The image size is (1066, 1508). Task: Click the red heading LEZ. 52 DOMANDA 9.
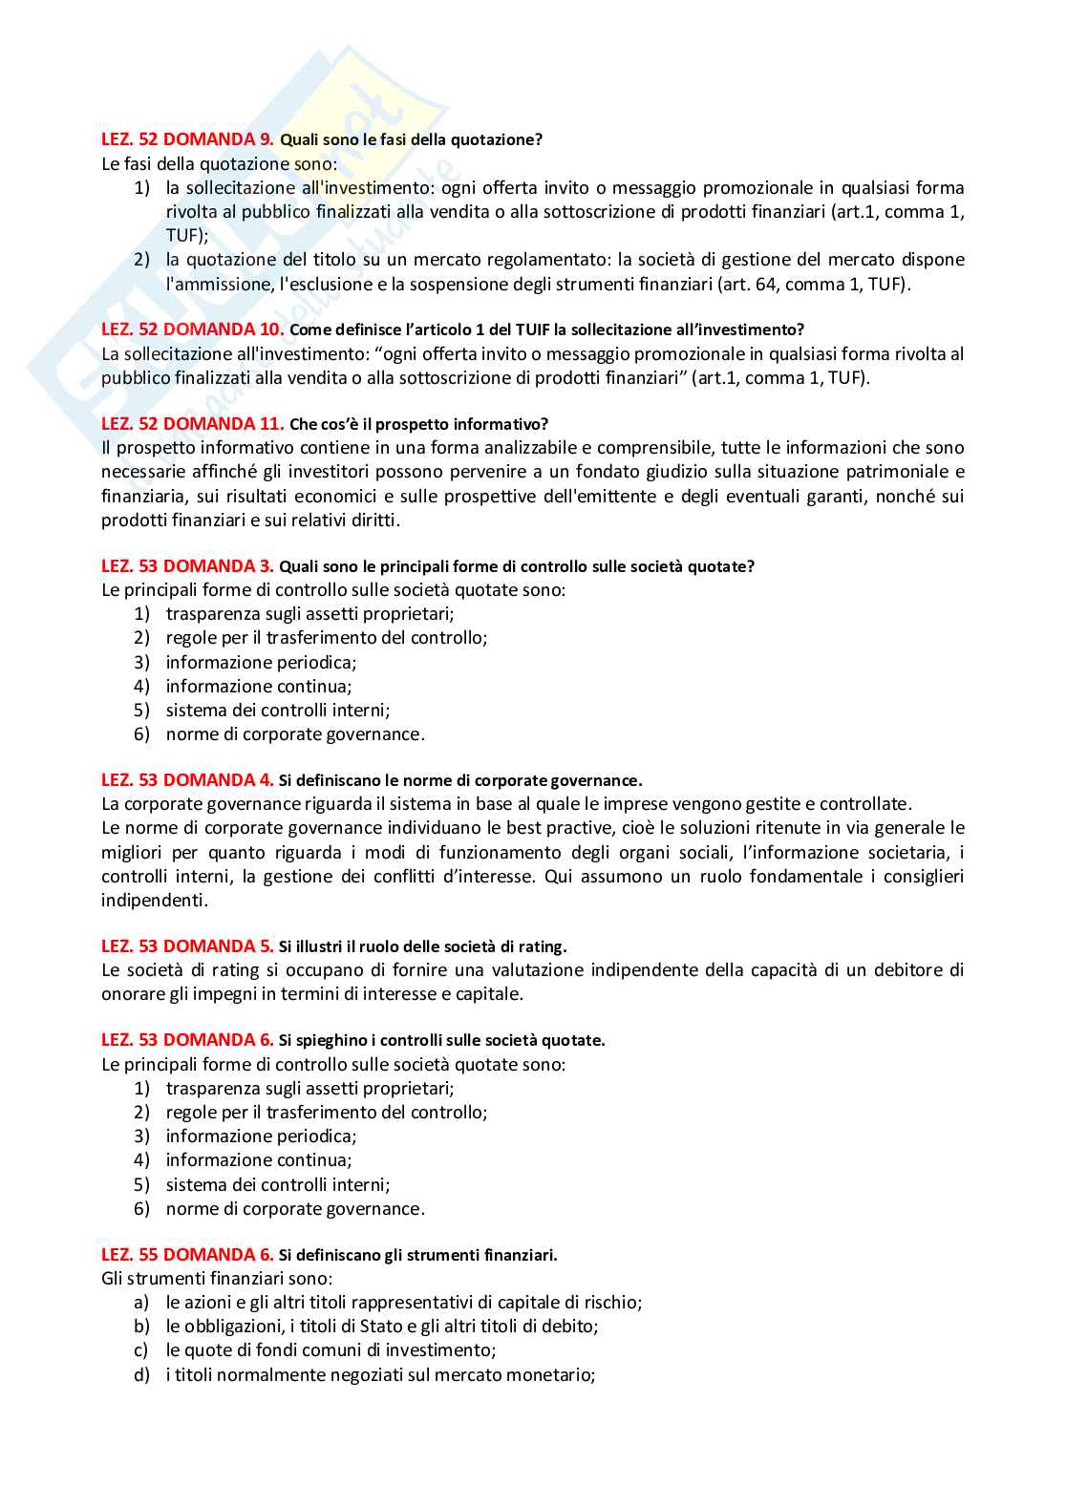coord(187,139)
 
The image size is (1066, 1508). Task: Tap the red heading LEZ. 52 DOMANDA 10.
coord(192,329)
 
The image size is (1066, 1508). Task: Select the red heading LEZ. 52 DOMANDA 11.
coord(192,424)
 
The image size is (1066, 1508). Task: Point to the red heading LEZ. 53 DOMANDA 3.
coord(187,566)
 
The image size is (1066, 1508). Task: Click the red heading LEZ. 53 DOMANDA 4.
coord(187,780)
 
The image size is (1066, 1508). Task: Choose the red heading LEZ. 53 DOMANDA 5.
coord(187,946)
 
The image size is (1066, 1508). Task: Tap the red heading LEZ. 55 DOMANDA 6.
coord(187,1255)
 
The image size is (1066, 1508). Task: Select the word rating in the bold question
coord(541,947)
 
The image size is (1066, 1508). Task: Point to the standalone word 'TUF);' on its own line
coord(187,236)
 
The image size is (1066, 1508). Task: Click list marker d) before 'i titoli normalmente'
coord(142,1375)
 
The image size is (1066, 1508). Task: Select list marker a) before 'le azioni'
coord(141,1303)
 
